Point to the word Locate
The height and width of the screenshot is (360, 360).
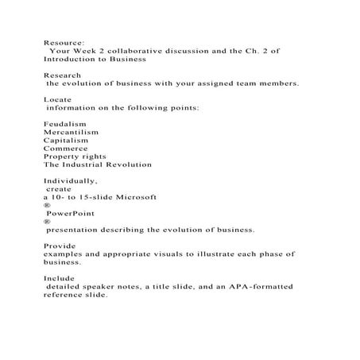pos(57,99)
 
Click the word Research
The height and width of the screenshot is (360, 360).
pos(62,75)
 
